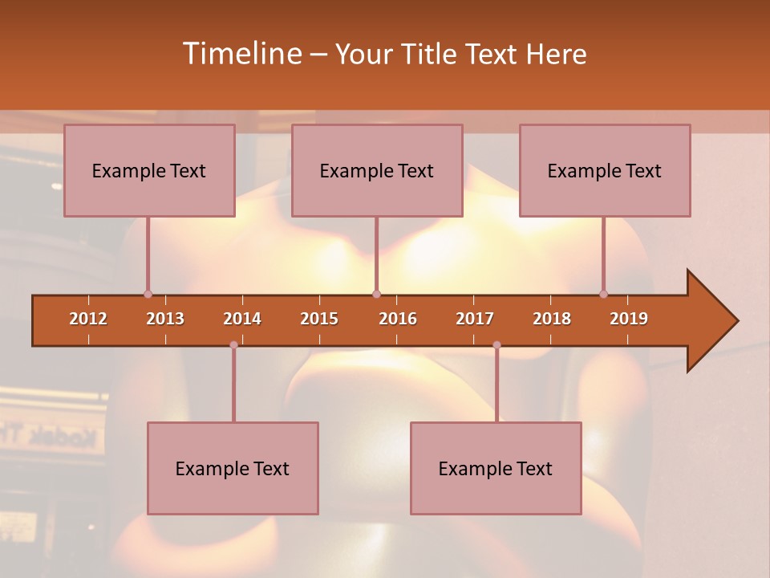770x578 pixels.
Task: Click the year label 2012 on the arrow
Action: [x=88, y=319]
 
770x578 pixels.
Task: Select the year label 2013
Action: [x=165, y=319]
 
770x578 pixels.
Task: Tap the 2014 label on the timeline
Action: [x=242, y=319]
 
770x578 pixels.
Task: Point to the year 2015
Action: [x=319, y=319]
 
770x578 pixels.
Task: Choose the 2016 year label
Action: [x=398, y=319]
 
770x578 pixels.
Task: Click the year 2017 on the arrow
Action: [x=475, y=319]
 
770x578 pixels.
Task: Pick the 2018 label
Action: [x=552, y=319]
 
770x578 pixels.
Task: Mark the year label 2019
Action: [x=629, y=319]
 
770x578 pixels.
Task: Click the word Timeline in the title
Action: [x=240, y=54]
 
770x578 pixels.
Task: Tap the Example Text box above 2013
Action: [x=149, y=170]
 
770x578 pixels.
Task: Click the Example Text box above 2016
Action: [x=377, y=170]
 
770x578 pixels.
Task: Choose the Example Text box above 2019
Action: [x=605, y=170]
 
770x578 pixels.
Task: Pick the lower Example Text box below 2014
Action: [x=233, y=468]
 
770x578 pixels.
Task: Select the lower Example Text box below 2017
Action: [x=496, y=468]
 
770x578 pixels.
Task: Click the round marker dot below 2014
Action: [x=233, y=344]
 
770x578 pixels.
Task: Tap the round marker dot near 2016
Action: [x=376, y=294]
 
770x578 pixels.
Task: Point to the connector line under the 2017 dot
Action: [x=496, y=385]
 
